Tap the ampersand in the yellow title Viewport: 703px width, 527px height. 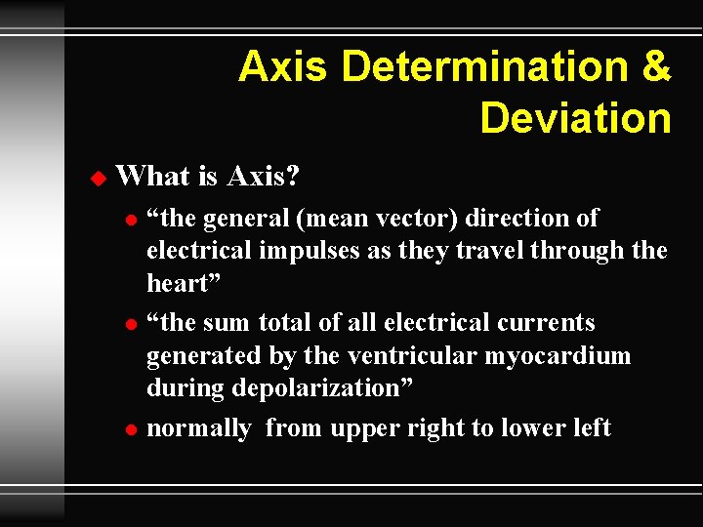click(x=655, y=66)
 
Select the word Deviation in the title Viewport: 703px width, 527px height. click(x=575, y=118)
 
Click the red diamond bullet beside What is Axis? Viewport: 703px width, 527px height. click(x=96, y=178)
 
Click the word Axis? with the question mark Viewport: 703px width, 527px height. click(x=263, y=177)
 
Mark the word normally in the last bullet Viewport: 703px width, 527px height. click(x=198, y=428)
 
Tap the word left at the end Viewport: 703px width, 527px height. click(x=591, y=427)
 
